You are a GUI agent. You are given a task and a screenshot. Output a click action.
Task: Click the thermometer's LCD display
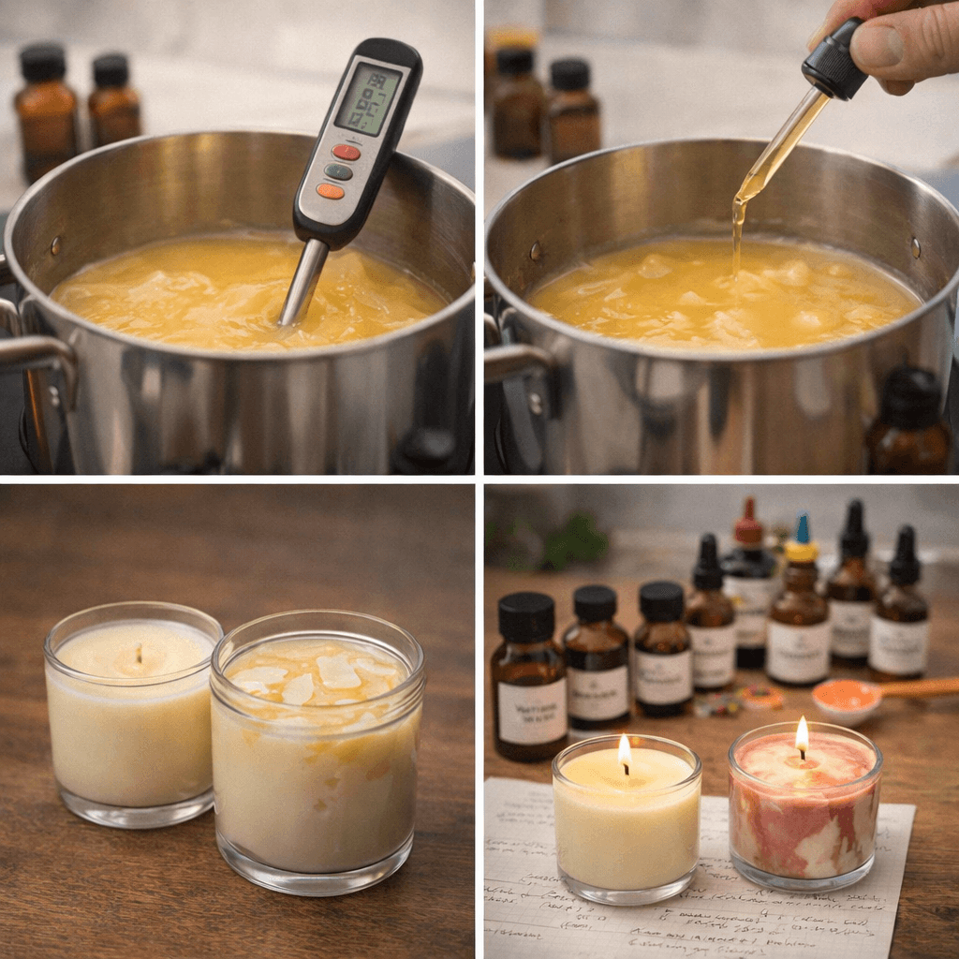coord(368,99)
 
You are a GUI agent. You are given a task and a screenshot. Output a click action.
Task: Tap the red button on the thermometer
coord(346,152)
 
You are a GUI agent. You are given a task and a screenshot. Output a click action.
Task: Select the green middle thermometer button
coord(338,171)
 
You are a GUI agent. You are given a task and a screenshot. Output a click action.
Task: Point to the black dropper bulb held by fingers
coord(835,62)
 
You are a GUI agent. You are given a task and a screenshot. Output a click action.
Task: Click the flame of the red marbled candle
coord(802,735)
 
